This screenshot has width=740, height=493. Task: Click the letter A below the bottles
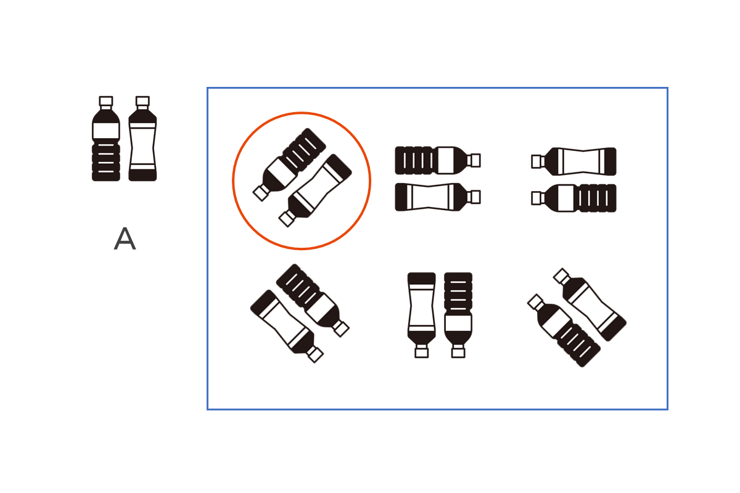(x=125, y=238)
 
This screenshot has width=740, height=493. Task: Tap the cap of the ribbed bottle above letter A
(x=106, y=101)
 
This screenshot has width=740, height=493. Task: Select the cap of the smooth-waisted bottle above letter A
(x=142, y=101)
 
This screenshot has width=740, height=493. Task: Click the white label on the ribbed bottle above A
(x=106, y=131)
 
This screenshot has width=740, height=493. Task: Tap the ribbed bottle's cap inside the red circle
(x=261, y=193)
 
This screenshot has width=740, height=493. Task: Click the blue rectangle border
(x=207, y=248)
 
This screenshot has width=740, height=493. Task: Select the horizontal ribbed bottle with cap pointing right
(x=438, y=160)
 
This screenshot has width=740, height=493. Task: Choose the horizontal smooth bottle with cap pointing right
(x=438, y=197)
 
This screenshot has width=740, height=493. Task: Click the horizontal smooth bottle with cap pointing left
(x=574, y=161)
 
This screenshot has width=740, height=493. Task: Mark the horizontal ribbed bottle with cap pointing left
(x=574, y=198)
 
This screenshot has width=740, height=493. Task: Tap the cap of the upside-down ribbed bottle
(x=458, y=352)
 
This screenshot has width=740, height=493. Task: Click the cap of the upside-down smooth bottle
(x=422, y=352)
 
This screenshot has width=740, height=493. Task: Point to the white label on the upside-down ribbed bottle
(x=458, y=323)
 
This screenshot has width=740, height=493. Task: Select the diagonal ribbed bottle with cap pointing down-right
(x=313, y=300)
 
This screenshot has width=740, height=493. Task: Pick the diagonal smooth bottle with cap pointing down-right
(x=287, y=326)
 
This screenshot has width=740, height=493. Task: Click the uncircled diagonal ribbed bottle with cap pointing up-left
(x=564, y=330)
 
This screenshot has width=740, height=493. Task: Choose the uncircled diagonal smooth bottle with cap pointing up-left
(x=590, y=304)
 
